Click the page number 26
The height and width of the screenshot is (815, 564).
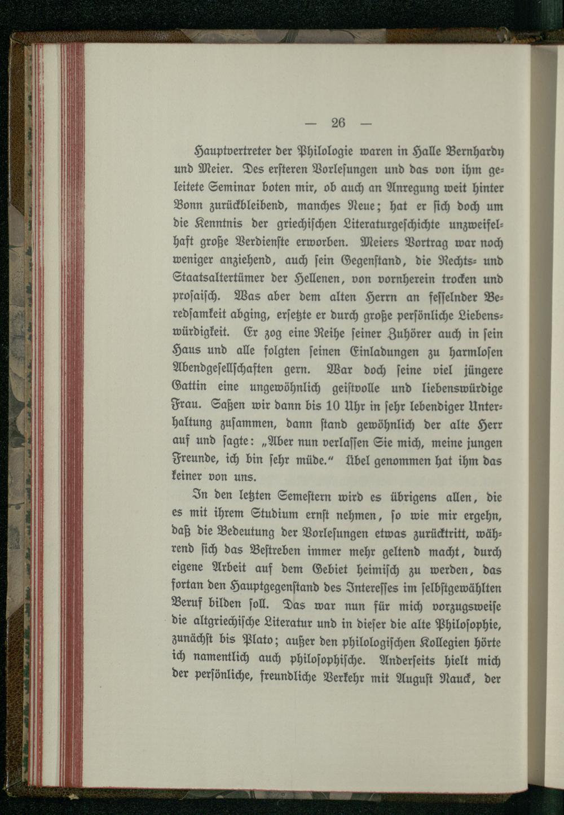[338, 123]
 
